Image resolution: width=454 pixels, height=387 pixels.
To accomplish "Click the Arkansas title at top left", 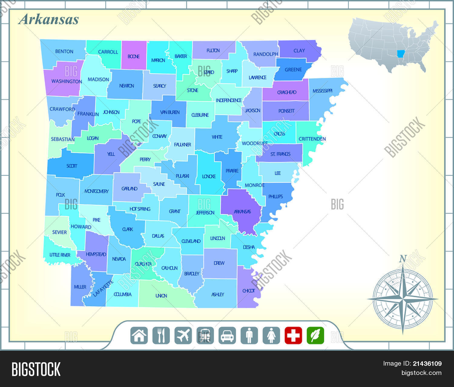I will [48, 19].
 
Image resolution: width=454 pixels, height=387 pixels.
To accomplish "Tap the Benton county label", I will [64, 51].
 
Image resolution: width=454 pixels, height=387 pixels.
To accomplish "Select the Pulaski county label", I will [182, 176].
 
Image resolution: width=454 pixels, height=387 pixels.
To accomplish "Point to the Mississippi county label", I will [322, 91].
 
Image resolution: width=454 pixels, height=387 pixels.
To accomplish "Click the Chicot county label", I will [248, 291].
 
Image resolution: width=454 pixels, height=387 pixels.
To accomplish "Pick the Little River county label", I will [60, 255].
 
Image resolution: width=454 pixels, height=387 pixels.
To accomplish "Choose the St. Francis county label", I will [280, 154].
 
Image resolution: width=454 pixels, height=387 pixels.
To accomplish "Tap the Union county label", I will [161, 296].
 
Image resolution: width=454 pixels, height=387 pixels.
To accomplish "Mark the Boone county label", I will [133, 57].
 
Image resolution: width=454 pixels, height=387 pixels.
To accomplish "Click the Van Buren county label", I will [170, 112].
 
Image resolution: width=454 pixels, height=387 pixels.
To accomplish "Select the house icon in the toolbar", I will [139, 335].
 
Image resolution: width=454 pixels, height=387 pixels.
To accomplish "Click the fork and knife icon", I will [161, 335].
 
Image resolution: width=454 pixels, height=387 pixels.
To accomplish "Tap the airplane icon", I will [183, 335].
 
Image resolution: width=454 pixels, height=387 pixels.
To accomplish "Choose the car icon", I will [227, 335].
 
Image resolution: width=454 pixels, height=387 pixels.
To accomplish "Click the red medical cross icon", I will [293, 335].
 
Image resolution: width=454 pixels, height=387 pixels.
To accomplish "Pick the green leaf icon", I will [315, 335].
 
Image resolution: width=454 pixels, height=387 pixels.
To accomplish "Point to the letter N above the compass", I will [403, 259].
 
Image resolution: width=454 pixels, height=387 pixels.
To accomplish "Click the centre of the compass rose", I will [403, 299].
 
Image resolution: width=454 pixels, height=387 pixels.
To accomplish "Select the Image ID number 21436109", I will [427, 364].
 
